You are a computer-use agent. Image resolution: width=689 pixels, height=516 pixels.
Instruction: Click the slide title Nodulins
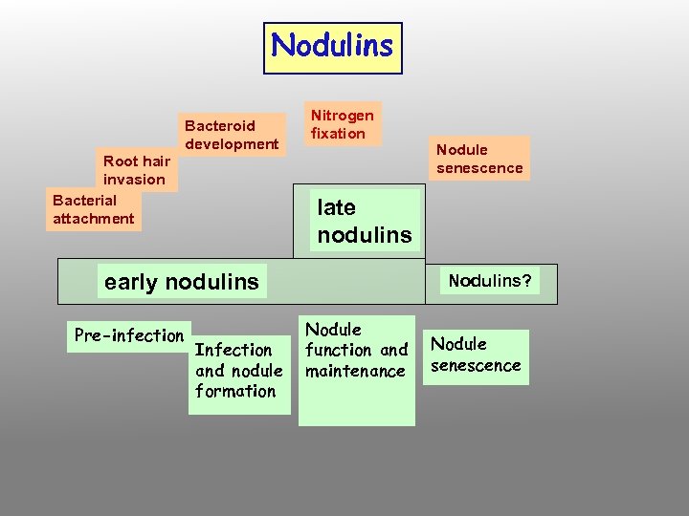point(332,47)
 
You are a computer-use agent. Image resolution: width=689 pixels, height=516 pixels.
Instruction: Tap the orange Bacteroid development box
point(232,135)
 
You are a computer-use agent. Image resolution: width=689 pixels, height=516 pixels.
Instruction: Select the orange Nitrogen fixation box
point(342,124)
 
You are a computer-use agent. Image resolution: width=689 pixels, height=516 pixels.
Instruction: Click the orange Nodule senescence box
point(479,159)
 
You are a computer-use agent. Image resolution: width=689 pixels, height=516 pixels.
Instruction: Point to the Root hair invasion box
point(136,170)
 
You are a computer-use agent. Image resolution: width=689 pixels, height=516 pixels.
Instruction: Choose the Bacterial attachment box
point(93,209)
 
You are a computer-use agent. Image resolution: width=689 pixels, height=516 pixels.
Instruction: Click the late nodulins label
point(365,221)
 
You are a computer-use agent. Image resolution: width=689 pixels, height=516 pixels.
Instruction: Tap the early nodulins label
point(181,282)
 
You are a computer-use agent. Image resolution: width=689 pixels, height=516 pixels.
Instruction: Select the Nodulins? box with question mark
point(491,281)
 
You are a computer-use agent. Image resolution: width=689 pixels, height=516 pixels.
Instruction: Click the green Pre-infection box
point(128,335)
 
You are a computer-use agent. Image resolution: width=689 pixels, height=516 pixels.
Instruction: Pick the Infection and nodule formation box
point(238,371)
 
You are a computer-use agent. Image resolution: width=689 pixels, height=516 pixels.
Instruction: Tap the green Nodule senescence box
point(476,355)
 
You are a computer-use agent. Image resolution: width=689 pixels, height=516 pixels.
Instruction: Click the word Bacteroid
point(220,125)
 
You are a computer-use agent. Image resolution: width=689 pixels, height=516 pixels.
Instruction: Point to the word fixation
point(338,134)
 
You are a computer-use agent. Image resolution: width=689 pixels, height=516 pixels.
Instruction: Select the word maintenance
point(355,371)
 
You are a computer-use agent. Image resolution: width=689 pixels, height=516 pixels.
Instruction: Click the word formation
point(235,391)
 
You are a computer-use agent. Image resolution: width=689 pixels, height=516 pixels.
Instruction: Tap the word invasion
point(134,180)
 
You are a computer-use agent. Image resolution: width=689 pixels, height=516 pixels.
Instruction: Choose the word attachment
point(93,219)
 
